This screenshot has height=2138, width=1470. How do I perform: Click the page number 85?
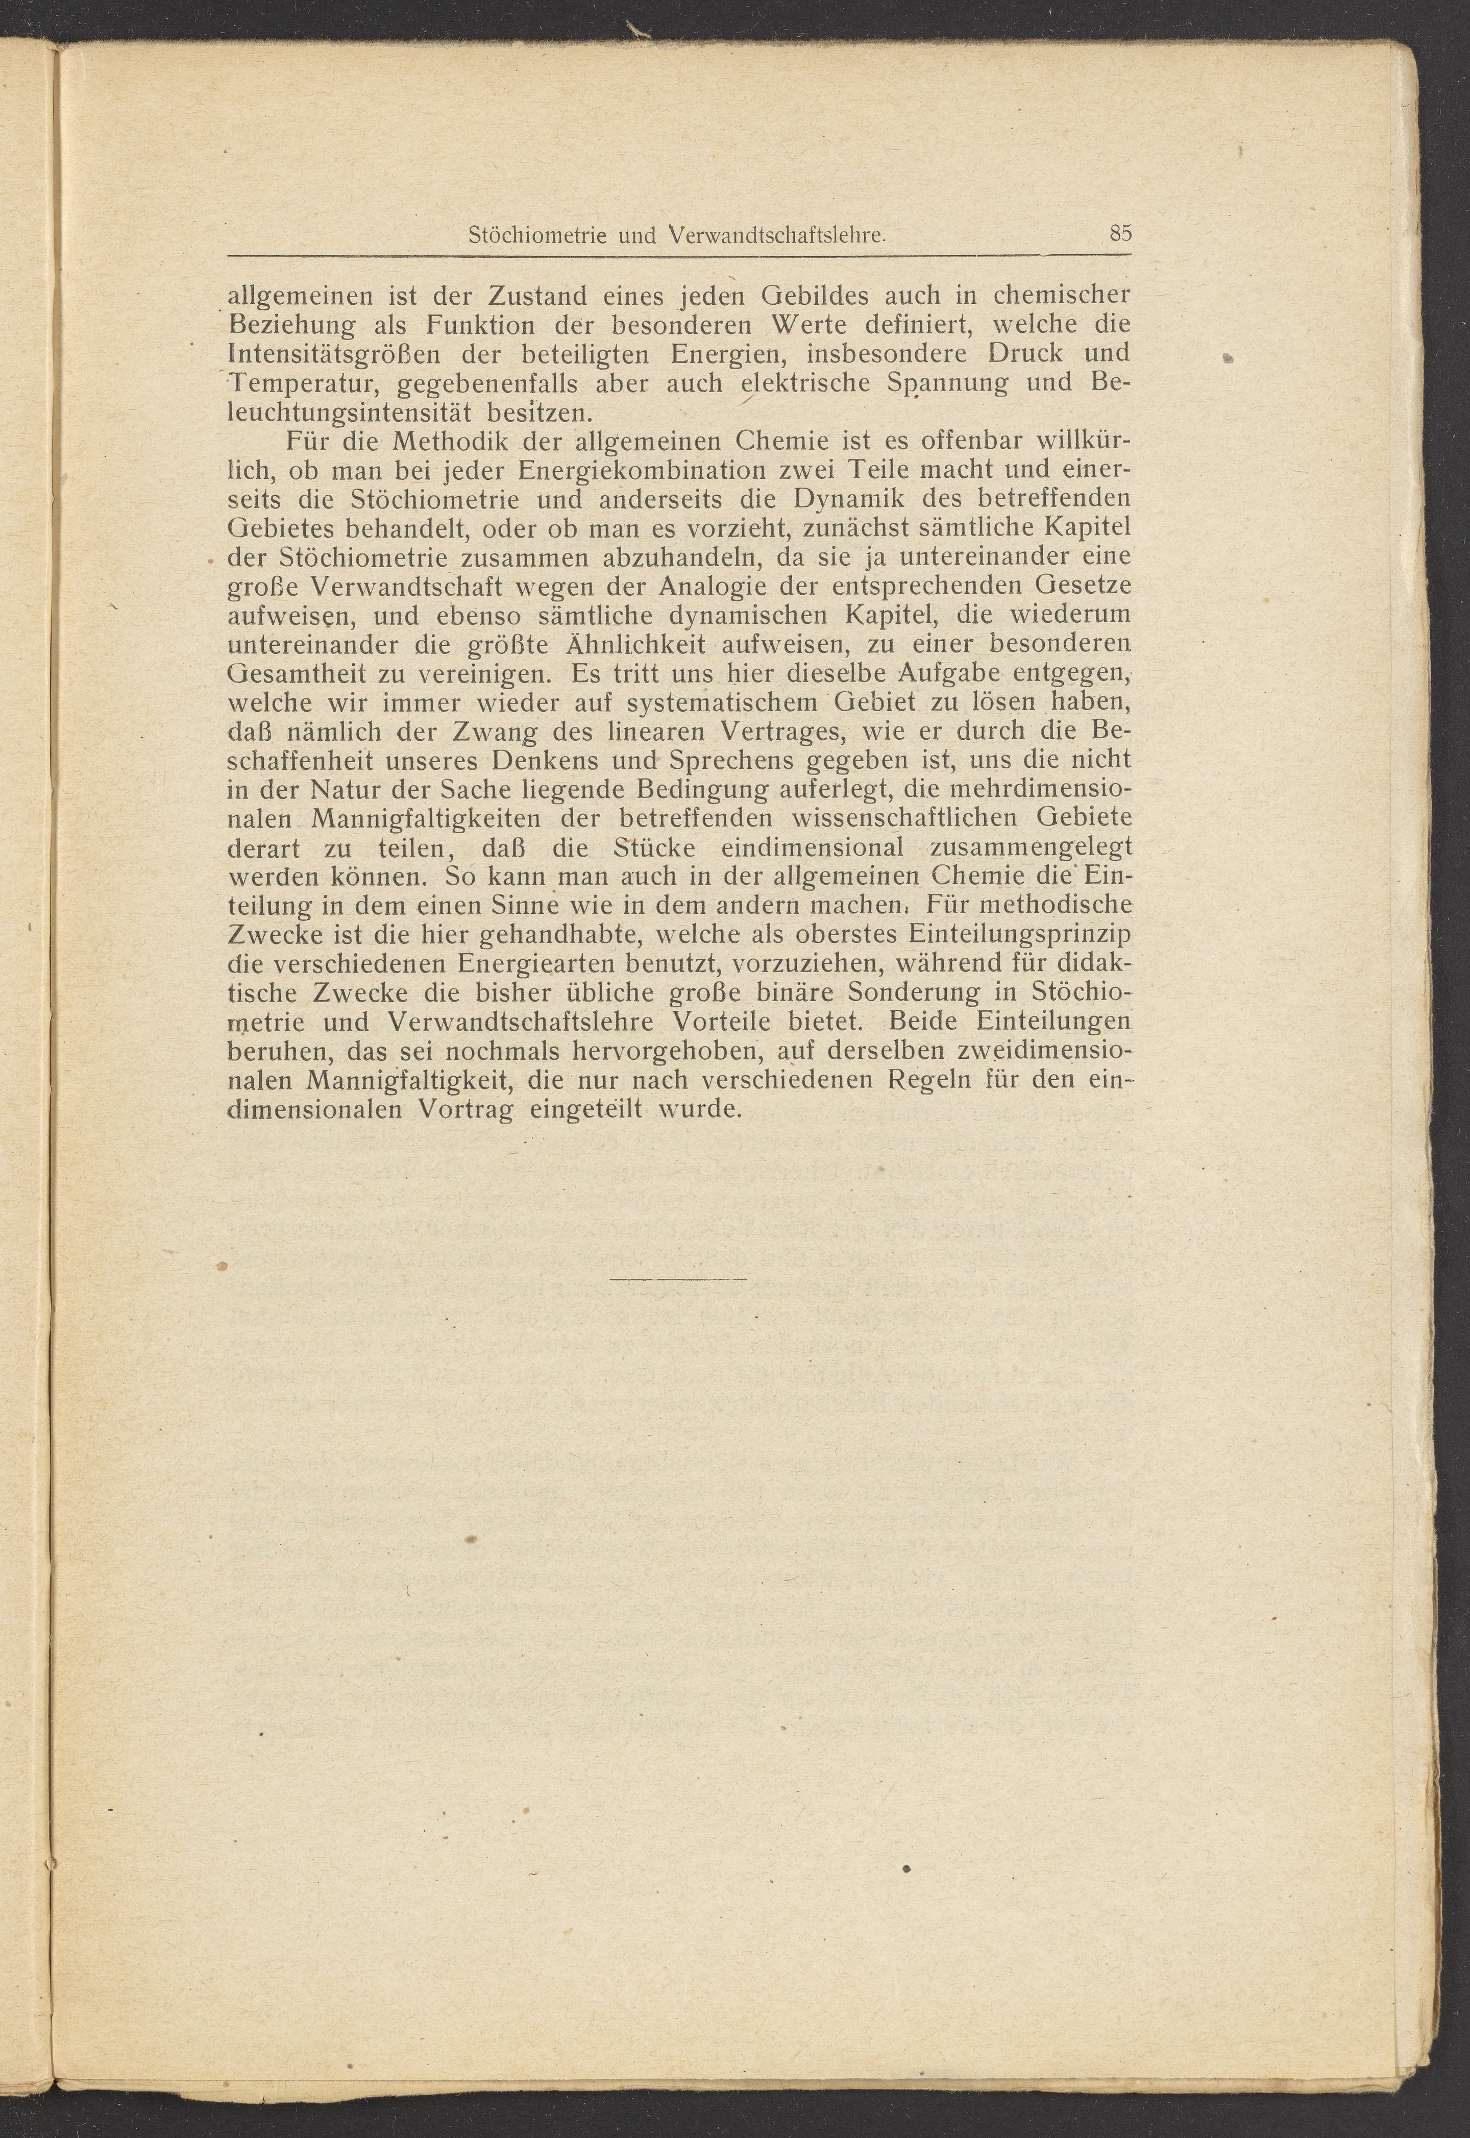(x=1120, y=233)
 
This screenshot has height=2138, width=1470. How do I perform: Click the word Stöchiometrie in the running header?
(x=536, y=236)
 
